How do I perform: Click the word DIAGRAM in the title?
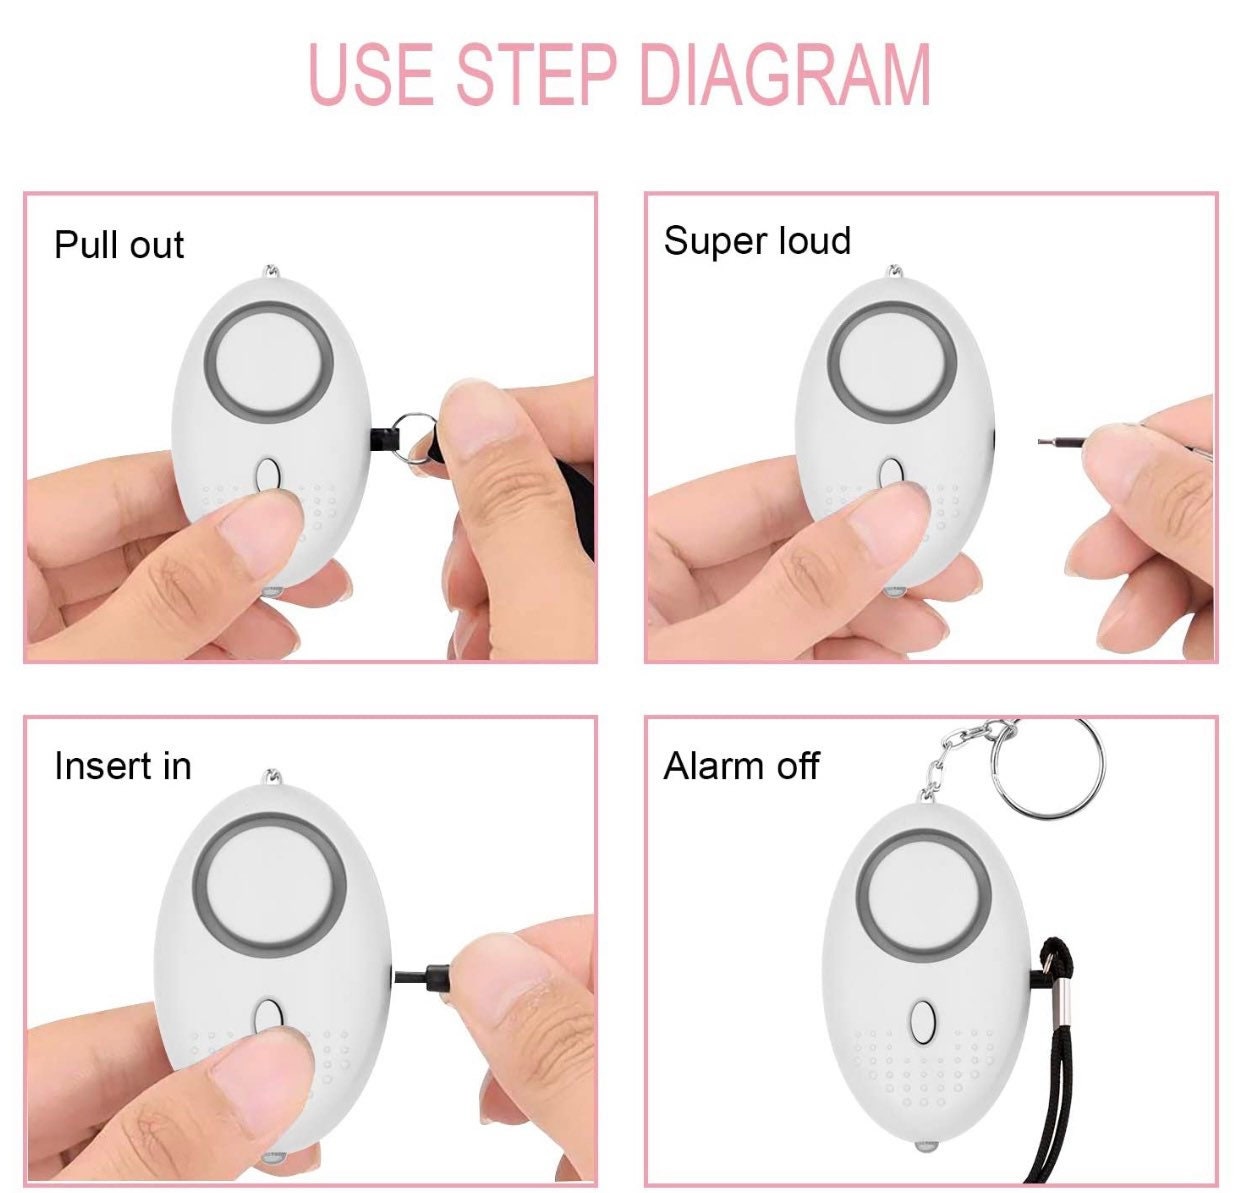pos(785,74)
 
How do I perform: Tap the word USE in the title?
pos(371,74)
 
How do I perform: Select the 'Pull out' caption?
pos(118,246)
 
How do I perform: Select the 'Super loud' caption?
pos(757,241)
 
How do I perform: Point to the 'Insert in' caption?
pos(122,766)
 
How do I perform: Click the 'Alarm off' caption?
pos(741,767)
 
